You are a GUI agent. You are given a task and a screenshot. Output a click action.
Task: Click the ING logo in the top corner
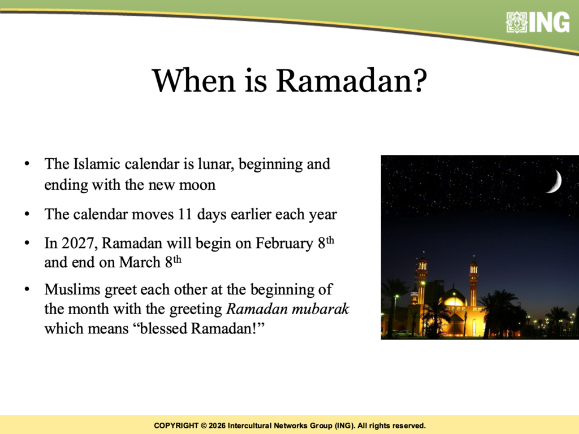point(538,23)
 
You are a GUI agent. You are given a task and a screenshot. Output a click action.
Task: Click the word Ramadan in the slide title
point(344,80)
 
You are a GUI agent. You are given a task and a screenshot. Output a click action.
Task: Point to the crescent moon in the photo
point(555,181)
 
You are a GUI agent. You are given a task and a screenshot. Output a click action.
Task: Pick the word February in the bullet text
point(284,244)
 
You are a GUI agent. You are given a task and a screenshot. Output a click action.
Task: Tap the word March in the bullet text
point(140,262)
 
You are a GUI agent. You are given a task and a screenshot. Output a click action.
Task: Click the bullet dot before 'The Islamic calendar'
point(27,163)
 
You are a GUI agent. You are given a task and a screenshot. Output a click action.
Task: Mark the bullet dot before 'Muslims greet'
point(27,289)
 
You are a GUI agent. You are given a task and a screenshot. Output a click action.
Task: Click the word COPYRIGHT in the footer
point(176,426)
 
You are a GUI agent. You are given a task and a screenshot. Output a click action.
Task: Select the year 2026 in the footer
point(217,426)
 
